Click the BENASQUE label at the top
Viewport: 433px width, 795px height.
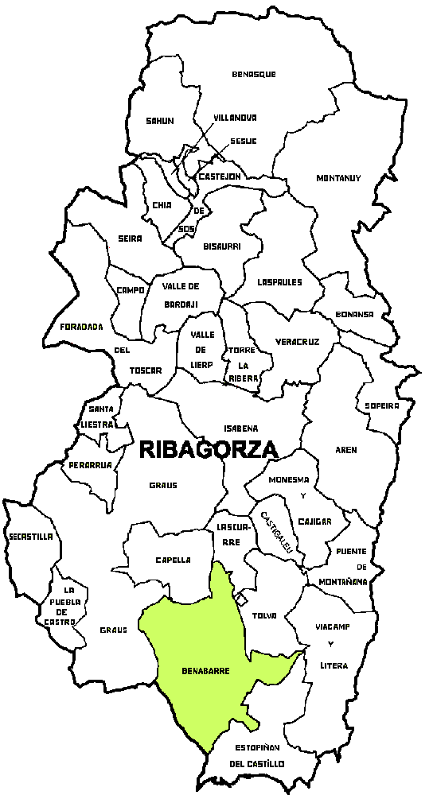253,74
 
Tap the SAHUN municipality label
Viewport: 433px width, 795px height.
159,121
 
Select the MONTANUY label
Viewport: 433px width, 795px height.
338,178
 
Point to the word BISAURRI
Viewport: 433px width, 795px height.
221,246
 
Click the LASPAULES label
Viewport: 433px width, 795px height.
279,281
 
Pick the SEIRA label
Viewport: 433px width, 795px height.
129,238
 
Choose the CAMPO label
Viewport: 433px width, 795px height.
130,290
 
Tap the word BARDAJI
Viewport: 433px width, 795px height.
180,304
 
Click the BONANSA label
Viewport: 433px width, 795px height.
355,314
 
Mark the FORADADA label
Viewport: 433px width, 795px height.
81,326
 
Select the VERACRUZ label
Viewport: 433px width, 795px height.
297,342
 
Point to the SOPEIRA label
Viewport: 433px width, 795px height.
381,405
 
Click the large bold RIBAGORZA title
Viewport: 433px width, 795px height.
209,449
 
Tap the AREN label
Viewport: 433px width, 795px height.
346,450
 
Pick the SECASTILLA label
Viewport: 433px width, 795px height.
31,537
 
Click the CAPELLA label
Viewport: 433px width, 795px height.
173,560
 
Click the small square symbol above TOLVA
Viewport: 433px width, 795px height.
243,596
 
